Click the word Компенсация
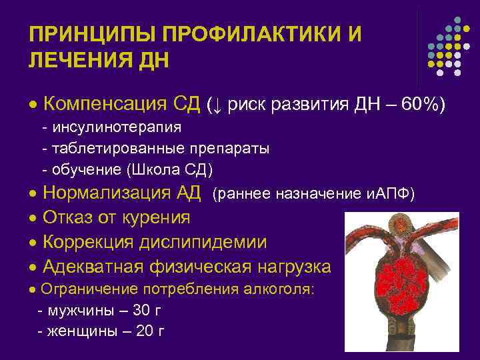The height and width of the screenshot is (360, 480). [x=103, y=104]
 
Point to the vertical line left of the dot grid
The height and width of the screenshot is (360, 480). [x=418, y=40]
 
